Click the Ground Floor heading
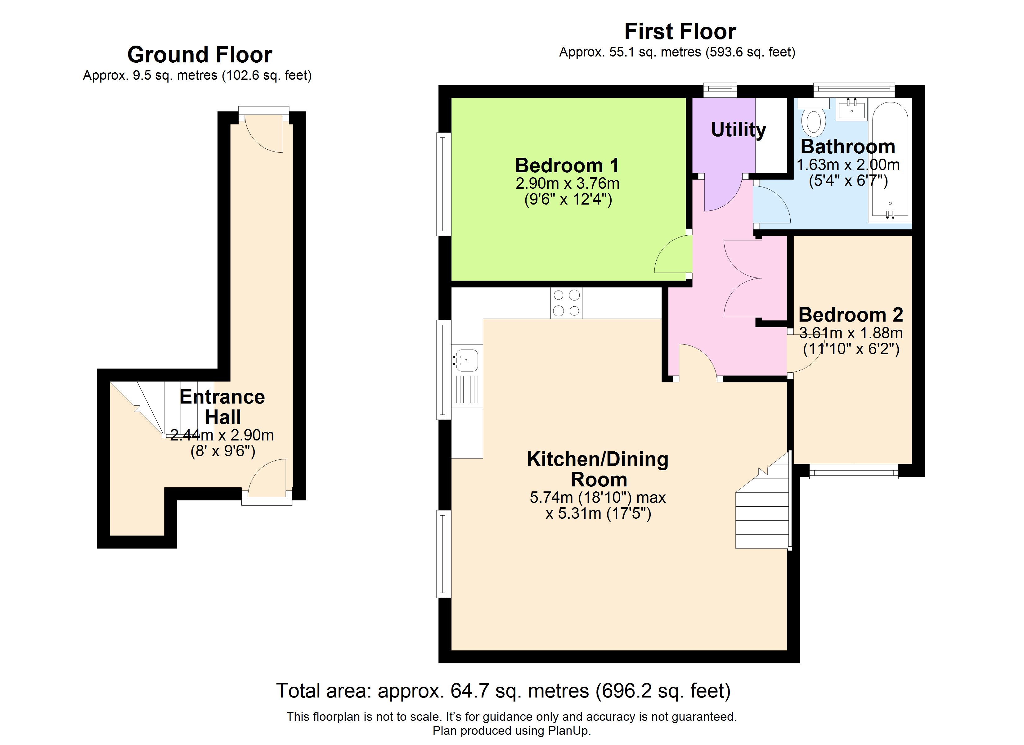pyautogui.click(x=200, y=55)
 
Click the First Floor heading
pyautogui.click(x=680, y=32)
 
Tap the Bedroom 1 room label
pyautogui.click(x=567, y=165)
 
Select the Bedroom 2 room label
pyautogui.click(x=851, y=314)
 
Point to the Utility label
pyautogui.click(x=739, y=130)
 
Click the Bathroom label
pyautogui.click(x=848, y=147)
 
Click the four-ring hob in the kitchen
pyautogui.click(x=566, y=303)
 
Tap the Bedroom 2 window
pyautogui.click(x=853, y=472)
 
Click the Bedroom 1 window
pyautogui.click(x=444, y=184)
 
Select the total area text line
pyautogui.click(x=503, y=691)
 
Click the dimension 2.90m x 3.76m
pyautogui.click(x=568, y=183)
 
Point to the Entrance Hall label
pyautogui.click(x=222, y=407)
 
